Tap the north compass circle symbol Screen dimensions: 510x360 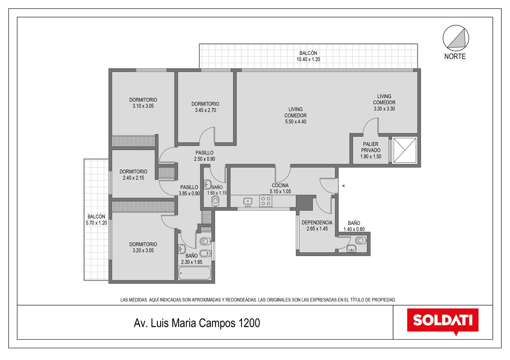456,38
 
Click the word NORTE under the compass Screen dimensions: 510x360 455,56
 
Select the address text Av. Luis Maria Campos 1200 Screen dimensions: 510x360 197,323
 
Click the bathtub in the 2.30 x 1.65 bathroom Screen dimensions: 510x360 194,273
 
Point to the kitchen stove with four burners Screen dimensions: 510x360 266,201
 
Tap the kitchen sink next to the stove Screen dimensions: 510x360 248,201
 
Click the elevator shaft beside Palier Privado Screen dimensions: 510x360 405,150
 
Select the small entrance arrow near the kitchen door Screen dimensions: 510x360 343,186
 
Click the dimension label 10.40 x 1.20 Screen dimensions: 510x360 308,59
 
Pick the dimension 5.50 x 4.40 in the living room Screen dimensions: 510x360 295,122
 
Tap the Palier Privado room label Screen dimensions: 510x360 371,147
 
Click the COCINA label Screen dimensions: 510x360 280,185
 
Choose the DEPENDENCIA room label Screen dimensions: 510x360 317,223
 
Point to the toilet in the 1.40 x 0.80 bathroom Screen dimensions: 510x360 361,240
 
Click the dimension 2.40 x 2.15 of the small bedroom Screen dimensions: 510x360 134,178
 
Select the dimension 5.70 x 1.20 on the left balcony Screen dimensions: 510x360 96,223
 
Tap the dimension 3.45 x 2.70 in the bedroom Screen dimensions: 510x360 205,110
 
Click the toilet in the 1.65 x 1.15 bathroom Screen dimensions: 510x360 215,201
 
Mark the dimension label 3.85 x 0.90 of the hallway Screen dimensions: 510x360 189,194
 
